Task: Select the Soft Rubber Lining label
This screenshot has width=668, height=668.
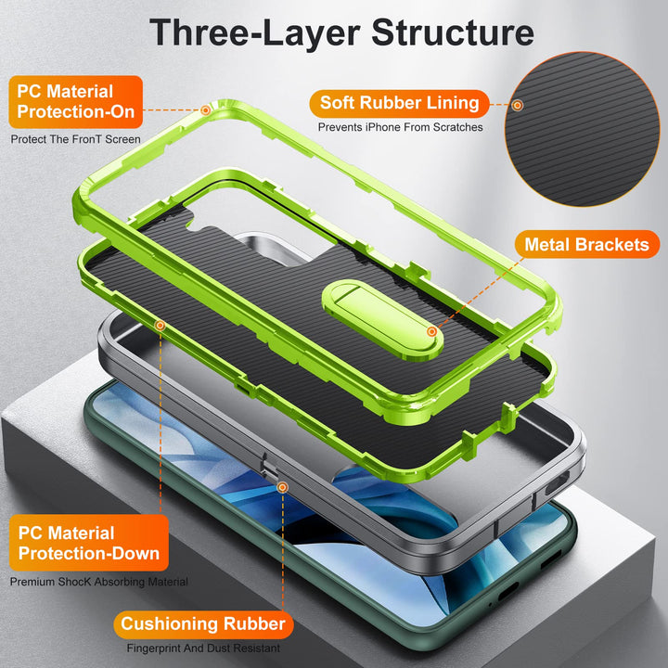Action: coord(399,102)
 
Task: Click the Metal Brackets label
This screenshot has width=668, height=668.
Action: coord(586,245)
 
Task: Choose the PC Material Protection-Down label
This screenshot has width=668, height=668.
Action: coord(89,543)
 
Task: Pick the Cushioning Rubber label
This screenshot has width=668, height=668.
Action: coord(202,623)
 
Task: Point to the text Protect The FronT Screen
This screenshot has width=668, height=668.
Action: coord(76,139)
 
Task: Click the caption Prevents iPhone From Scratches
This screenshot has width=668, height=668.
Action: coord(400,127)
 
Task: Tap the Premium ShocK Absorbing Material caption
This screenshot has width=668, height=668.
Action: coord(99,582)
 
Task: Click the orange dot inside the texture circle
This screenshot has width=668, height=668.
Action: coord(518,106)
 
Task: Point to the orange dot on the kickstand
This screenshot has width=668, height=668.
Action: coord(431,331)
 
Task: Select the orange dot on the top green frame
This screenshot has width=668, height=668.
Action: coord(206,109)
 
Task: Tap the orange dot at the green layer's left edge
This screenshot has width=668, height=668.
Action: coord(161,325)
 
